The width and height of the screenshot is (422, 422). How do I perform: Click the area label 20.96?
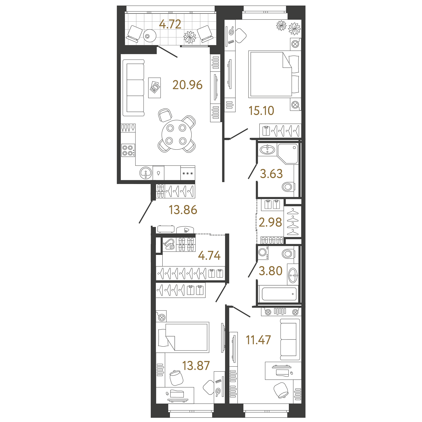tap(187, 85)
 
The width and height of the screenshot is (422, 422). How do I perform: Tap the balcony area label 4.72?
tap(170, 24)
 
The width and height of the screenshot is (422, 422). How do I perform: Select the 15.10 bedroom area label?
tap(261, 111)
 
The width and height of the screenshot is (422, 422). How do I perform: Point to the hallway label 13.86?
tap(183, 210)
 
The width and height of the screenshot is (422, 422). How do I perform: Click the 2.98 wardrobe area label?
tap(270, 222)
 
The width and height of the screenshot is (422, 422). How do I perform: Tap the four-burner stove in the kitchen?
tap(128, 150)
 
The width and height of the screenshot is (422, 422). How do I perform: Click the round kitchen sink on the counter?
tap(146, 173)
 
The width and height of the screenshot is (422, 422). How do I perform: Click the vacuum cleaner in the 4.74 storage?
tap(169, 244)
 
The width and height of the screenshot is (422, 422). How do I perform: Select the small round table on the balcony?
tap(150, 35)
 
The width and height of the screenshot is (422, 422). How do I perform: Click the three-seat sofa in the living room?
tap(133, 88)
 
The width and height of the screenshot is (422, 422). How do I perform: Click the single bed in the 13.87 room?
tap(183, 337)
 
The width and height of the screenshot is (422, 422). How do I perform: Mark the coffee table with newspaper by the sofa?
tap(154, 88)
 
